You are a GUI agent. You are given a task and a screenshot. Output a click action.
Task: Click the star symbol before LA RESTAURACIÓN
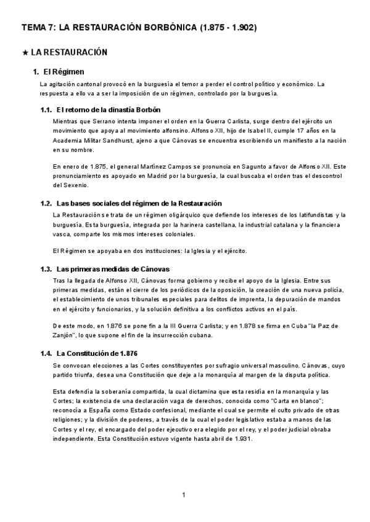pyautogui.click(x=25, y=53)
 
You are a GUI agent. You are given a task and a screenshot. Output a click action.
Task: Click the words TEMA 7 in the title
pyautogui.click(x=39, y=28)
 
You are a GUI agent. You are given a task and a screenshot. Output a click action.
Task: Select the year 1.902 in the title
pyautogui.click(x=243, y=28)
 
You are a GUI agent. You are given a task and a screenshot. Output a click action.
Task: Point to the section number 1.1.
pyautogui.click(x=46, y=109)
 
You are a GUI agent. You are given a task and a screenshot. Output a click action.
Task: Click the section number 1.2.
pyautogui.click(x=46, y=203)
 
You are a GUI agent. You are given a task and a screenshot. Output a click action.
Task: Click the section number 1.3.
pyautogui.click(x=46, y=269)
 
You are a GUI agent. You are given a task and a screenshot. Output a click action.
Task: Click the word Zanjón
pyautogui.click(x=64, y=335)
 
